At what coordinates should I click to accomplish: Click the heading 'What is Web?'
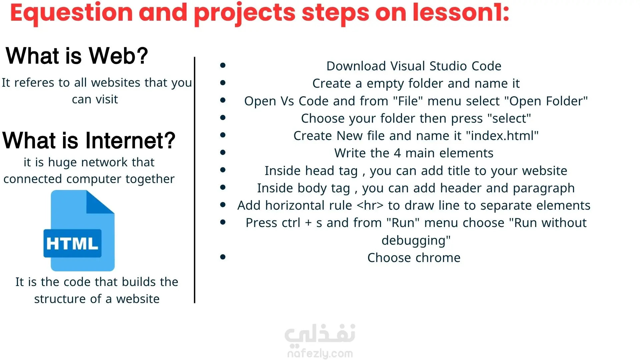click(x=77, y=55)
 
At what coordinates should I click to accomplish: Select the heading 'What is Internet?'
click(x=89, y=140)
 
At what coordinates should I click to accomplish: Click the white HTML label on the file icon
click(x=72, y=243)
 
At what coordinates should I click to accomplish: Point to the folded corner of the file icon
click(x=100, y=202)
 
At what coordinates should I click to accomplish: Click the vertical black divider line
click(x=195, y=180)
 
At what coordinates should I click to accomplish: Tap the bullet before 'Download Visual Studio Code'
click(x=223, y=65)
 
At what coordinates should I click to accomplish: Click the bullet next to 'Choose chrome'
click(x=223, y=257)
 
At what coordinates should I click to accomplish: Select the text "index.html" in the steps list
click(x=502, y=136)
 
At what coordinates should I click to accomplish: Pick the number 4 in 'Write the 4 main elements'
click(x=397, y=153)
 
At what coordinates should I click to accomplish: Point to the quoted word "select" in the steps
click(x=509, y=118)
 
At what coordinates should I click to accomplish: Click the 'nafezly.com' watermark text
click(x=320, y=353)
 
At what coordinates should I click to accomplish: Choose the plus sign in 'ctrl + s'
click(x=308, y=223)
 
